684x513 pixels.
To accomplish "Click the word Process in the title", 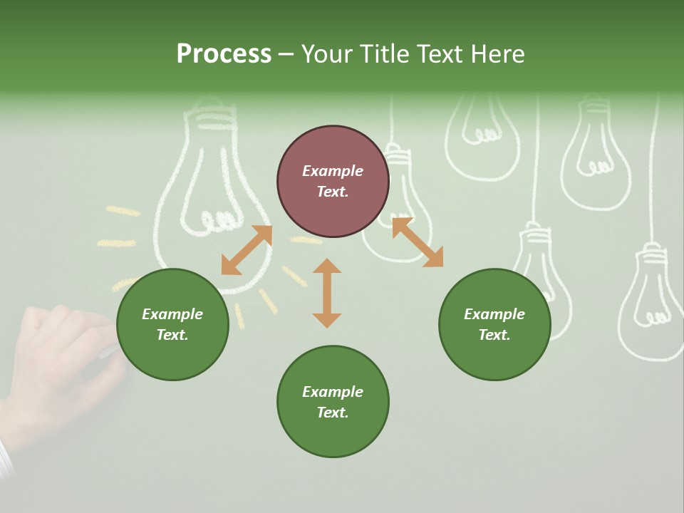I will pos(224,54).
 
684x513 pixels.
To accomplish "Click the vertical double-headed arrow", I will pos(327,293).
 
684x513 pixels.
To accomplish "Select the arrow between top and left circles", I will pos(247,250).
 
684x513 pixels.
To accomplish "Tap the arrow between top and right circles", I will pos(418,242).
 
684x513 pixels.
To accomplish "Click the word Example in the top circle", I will pos(333,171).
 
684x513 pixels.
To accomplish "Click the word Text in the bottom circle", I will pos(333,413).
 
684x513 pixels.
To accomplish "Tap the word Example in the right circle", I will pos(494,314).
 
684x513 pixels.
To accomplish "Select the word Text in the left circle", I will pos(172,335).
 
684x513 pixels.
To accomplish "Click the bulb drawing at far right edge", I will pos(650,299).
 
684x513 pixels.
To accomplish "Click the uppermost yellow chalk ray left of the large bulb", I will pos(123,211).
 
